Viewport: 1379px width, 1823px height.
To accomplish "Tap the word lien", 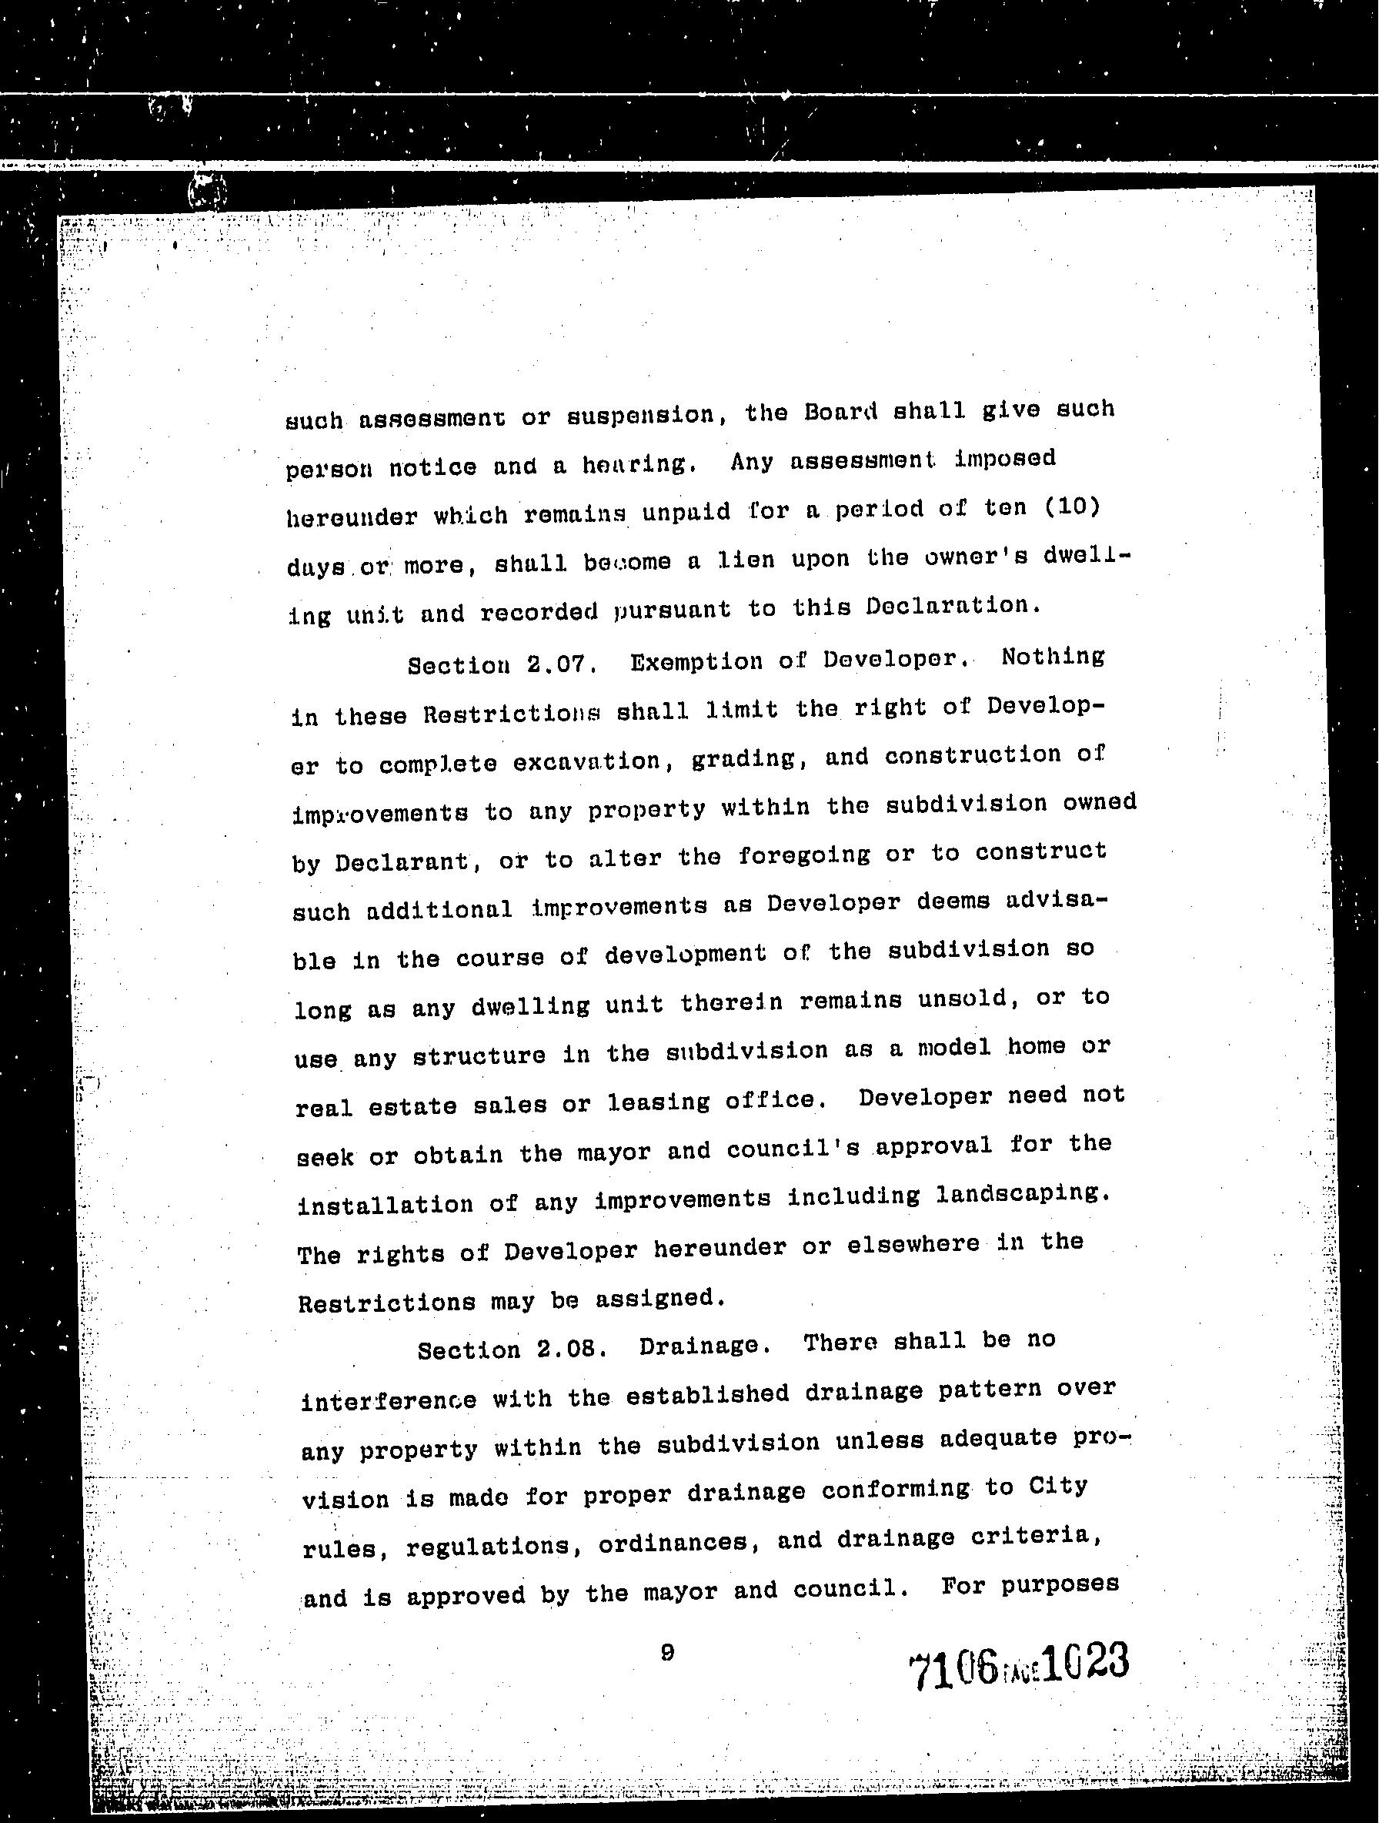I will (746, 560).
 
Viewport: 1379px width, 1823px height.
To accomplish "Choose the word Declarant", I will (401, 862).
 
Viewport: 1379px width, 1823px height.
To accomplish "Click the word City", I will (1058, 1486).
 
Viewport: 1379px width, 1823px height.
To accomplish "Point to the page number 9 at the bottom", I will (667, 1651).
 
